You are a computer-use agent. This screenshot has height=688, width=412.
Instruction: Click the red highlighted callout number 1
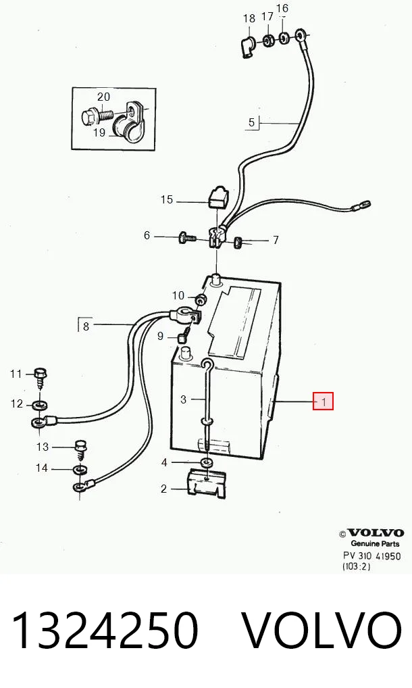323,401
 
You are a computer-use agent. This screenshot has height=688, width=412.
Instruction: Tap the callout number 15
167,199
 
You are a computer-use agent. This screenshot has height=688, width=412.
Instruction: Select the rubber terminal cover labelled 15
217,197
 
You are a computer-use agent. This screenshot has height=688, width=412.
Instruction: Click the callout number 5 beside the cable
251,122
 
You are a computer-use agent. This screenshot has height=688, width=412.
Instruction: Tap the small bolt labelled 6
188,239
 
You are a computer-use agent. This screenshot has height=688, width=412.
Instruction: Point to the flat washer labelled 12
41,403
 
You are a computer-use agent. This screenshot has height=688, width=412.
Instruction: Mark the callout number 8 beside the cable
86,326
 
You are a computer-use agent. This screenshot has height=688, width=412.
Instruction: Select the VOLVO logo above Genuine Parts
375,533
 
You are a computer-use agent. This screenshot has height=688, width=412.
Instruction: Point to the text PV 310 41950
371,556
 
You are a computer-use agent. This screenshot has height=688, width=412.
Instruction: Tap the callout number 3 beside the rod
183,399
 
